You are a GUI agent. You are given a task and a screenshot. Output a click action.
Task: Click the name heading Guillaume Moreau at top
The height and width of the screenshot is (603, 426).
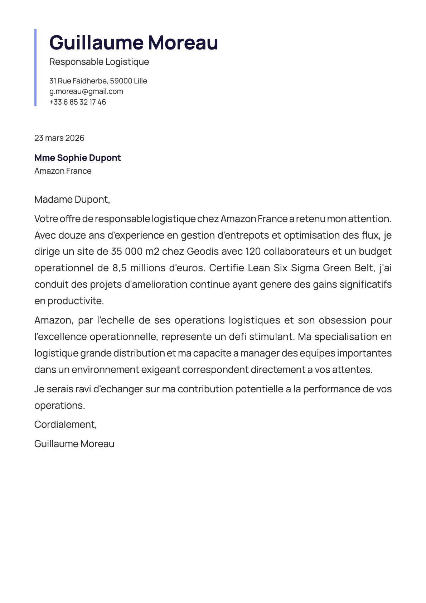134,42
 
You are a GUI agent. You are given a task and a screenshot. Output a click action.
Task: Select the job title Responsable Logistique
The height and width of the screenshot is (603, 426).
99,62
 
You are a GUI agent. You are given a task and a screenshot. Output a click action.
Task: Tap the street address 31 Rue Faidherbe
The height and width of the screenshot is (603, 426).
78,81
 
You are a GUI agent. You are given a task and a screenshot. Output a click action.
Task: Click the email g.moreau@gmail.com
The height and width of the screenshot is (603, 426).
86,91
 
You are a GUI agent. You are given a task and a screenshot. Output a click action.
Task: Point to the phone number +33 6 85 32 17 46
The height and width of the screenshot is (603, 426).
78,102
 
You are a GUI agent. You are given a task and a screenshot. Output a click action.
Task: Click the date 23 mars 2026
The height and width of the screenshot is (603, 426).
59,138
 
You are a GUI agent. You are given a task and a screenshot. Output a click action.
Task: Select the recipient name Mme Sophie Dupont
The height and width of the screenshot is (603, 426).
78,158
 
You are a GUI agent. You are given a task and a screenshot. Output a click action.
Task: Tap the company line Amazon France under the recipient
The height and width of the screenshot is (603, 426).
63,171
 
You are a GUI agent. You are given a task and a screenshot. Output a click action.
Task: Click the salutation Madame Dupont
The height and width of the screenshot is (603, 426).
72,200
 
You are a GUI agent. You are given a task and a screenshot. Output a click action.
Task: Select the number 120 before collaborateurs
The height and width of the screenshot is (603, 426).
253,252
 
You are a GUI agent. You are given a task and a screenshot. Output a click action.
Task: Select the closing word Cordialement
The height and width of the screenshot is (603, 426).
65,425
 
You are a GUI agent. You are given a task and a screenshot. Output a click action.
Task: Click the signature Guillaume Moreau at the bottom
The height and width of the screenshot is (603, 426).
74,444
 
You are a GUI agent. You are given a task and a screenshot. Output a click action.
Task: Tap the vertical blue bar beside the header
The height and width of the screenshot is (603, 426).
35,67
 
